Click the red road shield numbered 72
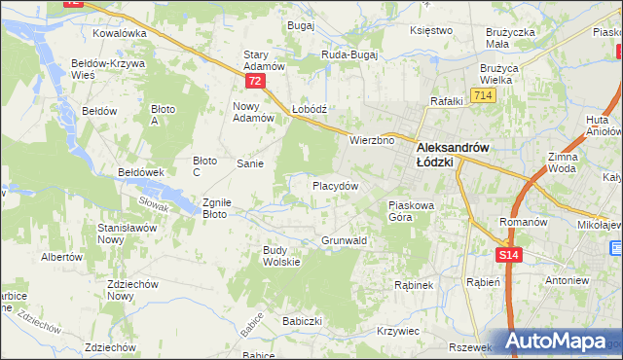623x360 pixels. click(255, 82)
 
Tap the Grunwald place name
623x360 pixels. click(344, 240)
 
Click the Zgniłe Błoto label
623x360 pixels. click(216, 209)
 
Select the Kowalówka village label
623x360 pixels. click(120, 32)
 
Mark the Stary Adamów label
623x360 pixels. click(263, 61)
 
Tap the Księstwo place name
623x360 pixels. click(432, 30)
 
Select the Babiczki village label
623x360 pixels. click(302, 320)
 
